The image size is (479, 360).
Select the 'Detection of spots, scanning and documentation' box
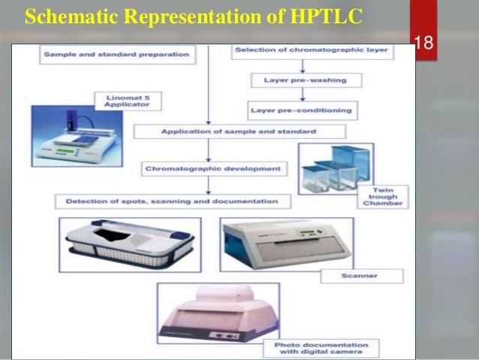coord(171,201)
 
